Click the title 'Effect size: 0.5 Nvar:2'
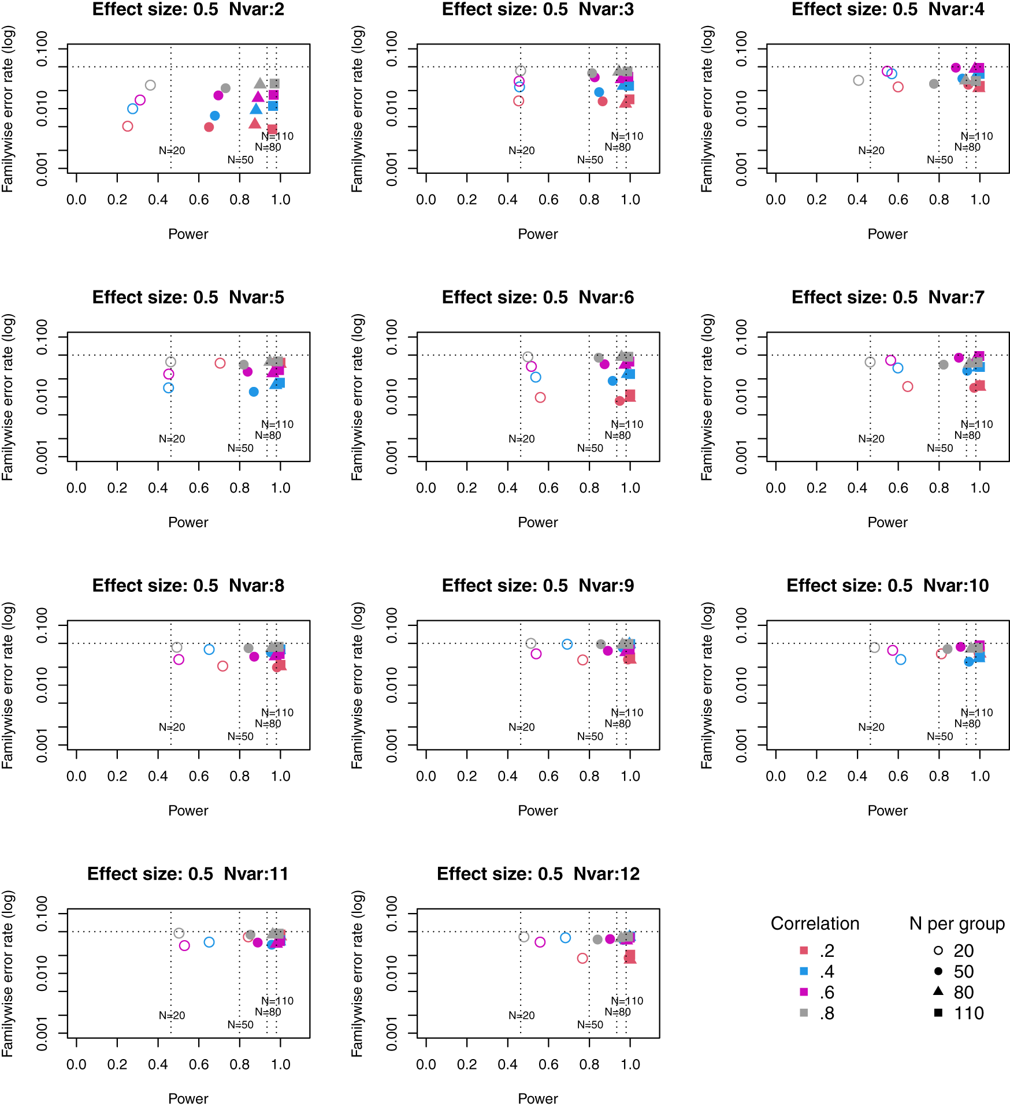pos(188,9)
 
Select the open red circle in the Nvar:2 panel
pos(128,126)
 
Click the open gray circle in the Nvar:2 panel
pos(150,85)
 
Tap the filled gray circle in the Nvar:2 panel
pos(225,88)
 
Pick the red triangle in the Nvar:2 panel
pos(255,123)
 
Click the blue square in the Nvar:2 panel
pos(273,106)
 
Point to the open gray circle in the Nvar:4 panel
pos(859,80)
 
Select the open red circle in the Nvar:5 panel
pos(220,363)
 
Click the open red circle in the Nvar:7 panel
pos(908,386)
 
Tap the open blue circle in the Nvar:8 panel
pos(209,650)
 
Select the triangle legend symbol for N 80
pos(938,992)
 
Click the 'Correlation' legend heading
pos(815,924)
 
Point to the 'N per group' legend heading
pos(957,924)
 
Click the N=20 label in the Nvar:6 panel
pos(521,439)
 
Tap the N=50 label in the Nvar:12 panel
pos(590,1024)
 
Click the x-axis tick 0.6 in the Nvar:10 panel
pos(898,776)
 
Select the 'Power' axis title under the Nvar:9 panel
pos(537,810)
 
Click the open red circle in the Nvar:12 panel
pos(582,958)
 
